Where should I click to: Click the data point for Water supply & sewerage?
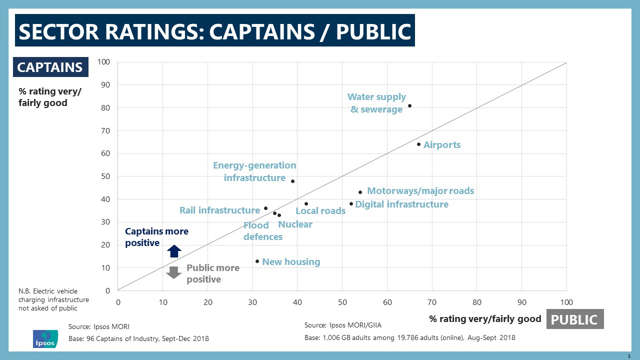(x=409, y=105)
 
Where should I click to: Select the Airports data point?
(x=418, y=144)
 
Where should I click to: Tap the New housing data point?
(x=257, y=261)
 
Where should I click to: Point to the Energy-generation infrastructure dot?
(x=292, y=181)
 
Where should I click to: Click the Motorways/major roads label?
(x=420, y=191)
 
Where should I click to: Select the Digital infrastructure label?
(x=401, y=204)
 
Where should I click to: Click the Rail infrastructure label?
(x=219, y=210)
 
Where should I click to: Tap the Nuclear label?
(x=295, y=224)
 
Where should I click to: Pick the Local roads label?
(x=320, y=211)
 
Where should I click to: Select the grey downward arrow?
(x=173, y=272)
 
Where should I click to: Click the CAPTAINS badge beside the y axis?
(x=50, y=67)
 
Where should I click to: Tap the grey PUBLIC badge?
(x=575, y=319)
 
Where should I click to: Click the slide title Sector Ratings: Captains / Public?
(x=214, y=31)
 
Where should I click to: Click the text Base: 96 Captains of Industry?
(x=138, y=339)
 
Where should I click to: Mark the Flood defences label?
(x=262, y=231)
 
